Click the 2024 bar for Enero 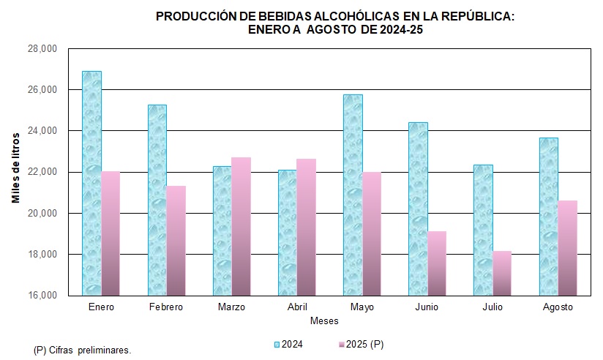click(91, 183)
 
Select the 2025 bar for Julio click(502, 273)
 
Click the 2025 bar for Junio click(437, 263)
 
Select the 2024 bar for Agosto click(548, 217)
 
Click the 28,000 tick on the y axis click(42, 49)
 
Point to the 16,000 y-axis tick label click(42, 296)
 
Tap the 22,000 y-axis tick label click(42, 172)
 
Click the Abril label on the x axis click(296, 307)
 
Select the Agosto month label click(558, 307)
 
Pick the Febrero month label click(166, 307)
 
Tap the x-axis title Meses click(323, 321)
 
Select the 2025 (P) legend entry click(365, 344)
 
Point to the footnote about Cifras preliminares click(83, 350)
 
